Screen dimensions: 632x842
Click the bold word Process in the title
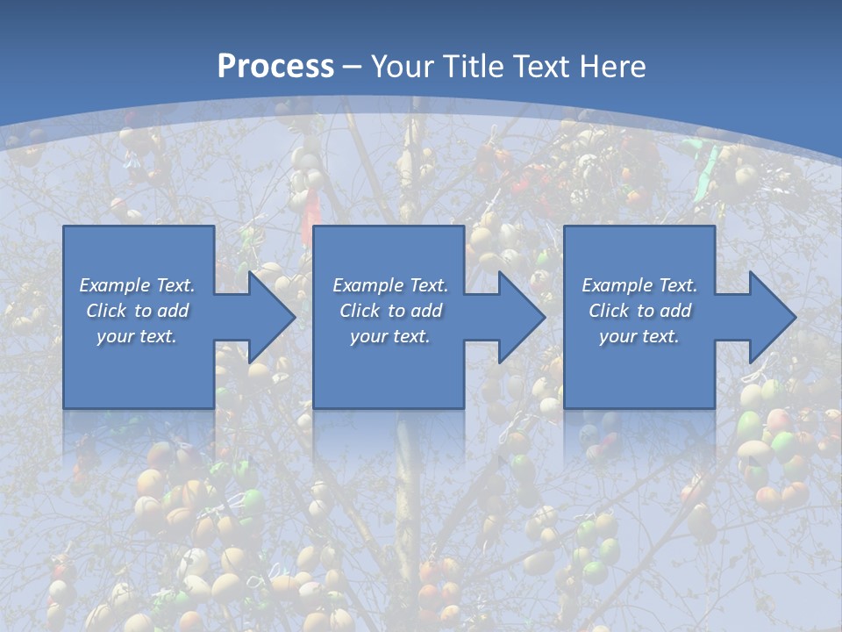(275, 67)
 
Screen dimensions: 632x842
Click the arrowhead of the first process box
(270, 317)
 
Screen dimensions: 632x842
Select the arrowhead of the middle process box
(520, 317)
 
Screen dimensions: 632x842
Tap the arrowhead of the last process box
(771, 317)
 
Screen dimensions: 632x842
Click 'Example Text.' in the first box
(138, 285)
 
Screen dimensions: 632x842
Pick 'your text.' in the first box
(138, 336)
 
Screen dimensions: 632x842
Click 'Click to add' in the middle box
(390, 311)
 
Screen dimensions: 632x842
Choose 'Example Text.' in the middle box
(390, 285)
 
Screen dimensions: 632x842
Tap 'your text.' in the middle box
(390, 336)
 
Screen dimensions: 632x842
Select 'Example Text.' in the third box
(639, 285)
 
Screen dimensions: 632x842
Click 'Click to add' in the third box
(639, 311)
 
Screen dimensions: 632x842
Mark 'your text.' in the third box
(639, 336)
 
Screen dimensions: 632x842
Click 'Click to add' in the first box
(138, 311)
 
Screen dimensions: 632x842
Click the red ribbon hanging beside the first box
(306, 219)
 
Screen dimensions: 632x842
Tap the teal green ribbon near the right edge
(709, 167)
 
